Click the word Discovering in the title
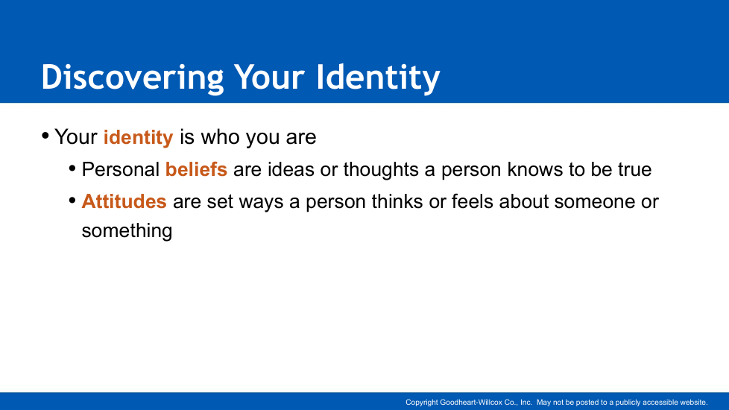pos(133,78)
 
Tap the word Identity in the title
pos(378,78)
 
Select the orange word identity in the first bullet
pos(138,138)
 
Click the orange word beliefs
pos(196,169)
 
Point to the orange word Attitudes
pos(124,202)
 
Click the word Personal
pos(121,169)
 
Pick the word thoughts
pos(381,169)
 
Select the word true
pos(634,170)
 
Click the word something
pos(127,231)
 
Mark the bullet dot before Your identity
pos(45,136)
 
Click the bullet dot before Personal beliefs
pos(72,168)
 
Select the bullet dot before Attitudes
pos(72,201)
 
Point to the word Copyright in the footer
pos(422,403)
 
